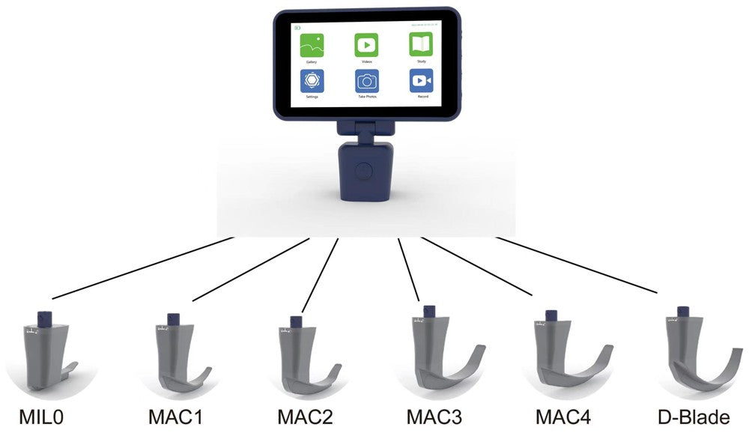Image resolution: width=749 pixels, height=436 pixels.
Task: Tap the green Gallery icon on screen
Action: click(312, 45)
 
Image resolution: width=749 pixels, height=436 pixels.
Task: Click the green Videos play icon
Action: click(366, 45)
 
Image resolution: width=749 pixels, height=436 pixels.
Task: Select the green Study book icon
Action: click(422, 44)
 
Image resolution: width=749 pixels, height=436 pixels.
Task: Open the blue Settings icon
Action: click(312, 80)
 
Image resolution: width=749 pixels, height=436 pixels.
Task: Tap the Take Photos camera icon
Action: click(366, 80)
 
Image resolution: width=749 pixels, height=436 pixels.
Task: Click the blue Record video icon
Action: click(422, 80)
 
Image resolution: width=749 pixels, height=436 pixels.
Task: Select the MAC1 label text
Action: click(175, 417)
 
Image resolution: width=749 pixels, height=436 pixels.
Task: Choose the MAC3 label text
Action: click(435, 417)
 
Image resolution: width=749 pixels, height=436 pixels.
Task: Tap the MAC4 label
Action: click(564, 417)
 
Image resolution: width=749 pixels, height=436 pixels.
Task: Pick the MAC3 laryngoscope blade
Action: click(442, 356)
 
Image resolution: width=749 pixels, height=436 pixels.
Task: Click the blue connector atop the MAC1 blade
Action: click(174, 319)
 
